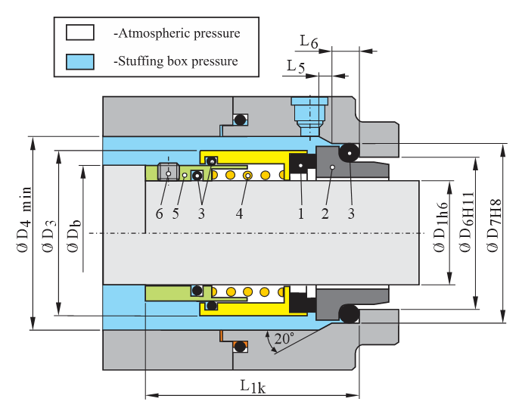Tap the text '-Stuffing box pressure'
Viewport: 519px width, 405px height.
point(176,61)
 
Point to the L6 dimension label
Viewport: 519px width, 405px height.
point(308,39)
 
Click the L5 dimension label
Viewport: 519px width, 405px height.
point(296,67)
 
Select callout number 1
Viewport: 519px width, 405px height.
point(300,213)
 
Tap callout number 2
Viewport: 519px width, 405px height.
point(325,213)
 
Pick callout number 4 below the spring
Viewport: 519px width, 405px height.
point(239,213)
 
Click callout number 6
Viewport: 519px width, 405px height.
point(160,213)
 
